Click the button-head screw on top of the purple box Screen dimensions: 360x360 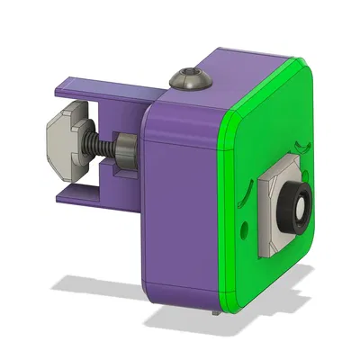pyautogui.click(x=190, y=78)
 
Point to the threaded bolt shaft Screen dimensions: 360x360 pyautogui.click(x=102, y=148)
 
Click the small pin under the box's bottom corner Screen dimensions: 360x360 pyautogui.click(x=213, y=315)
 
